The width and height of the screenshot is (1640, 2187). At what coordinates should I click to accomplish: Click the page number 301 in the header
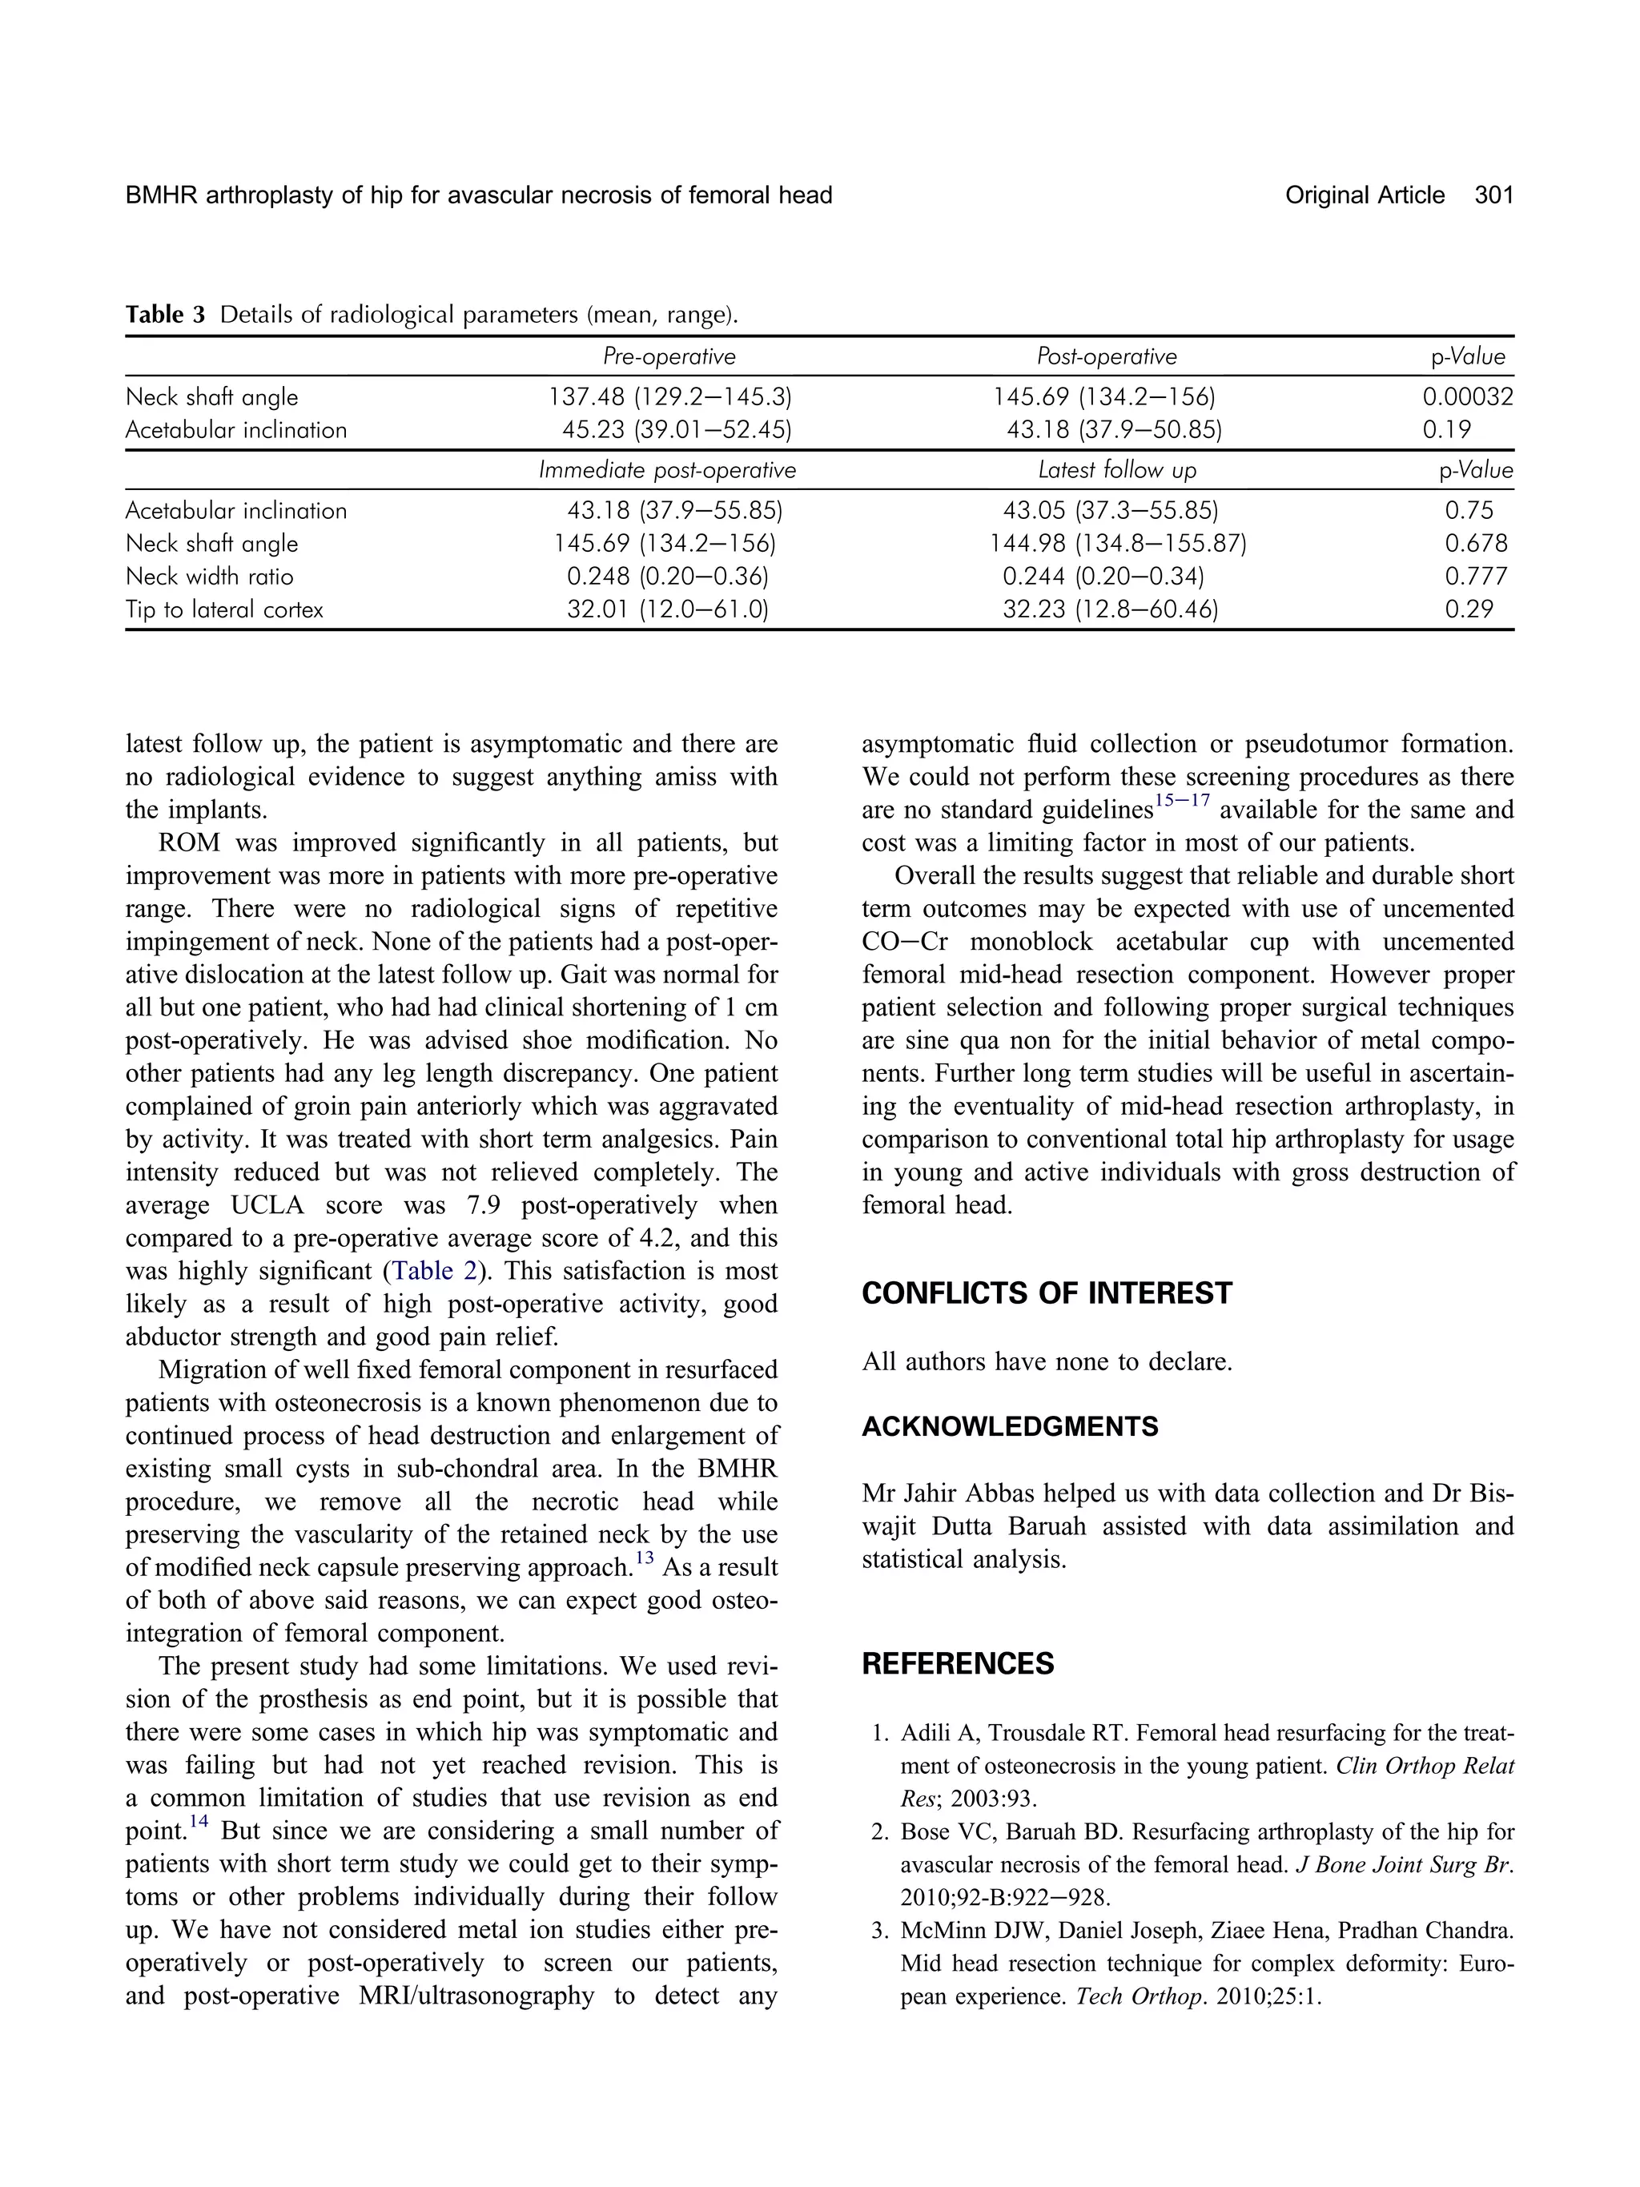1493,195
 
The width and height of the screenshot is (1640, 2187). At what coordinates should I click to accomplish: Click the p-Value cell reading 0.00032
1467,397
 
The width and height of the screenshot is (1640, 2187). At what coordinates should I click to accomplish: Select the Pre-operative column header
669,357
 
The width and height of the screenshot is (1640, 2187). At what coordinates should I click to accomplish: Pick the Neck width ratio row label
210,577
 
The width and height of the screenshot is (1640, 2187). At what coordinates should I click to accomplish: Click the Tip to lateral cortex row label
224,610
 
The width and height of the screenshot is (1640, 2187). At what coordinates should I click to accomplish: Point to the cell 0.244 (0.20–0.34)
1103,577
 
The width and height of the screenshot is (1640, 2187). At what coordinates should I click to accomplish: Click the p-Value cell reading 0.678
1476,544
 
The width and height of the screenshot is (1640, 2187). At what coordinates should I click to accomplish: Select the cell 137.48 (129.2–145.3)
670,397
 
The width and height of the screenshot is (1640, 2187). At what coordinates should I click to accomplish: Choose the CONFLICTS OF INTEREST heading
1047,1294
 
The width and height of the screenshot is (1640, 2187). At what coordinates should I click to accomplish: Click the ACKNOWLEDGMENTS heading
1009,1427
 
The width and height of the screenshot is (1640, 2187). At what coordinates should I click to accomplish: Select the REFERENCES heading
957,1664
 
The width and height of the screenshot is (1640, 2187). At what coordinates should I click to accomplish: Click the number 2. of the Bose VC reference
882,1832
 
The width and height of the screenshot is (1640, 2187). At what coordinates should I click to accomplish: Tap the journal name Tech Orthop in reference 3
1140,1996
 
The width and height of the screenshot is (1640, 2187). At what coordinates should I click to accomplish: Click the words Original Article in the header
1365,195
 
